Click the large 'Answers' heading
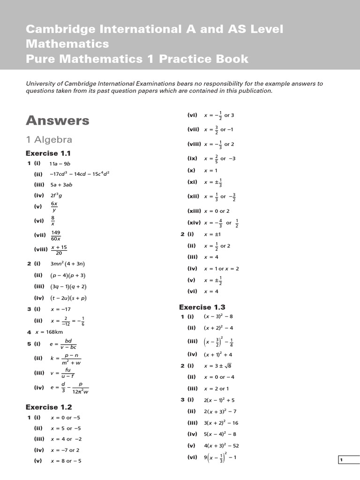tap(57, 120)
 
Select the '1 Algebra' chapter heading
tap(49, 140)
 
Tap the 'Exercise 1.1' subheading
tap(48, 153)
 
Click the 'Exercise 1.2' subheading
tap(49, 407)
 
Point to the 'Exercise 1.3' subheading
tap(202, 307)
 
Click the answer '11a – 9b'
tap(60, 164)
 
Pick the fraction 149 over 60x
tap(56, 235)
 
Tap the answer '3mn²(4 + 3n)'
tap(67, 264)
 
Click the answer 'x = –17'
tap(60, 309)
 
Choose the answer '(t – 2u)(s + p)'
tap(68, 298)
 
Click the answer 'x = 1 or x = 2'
tap(221, 269)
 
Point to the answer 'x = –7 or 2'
tap(65, 450)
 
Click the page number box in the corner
tap(348, 460)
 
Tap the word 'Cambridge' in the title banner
tap(54, 29)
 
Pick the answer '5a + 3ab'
tap(61, 185)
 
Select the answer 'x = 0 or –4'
tap(219, 377)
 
